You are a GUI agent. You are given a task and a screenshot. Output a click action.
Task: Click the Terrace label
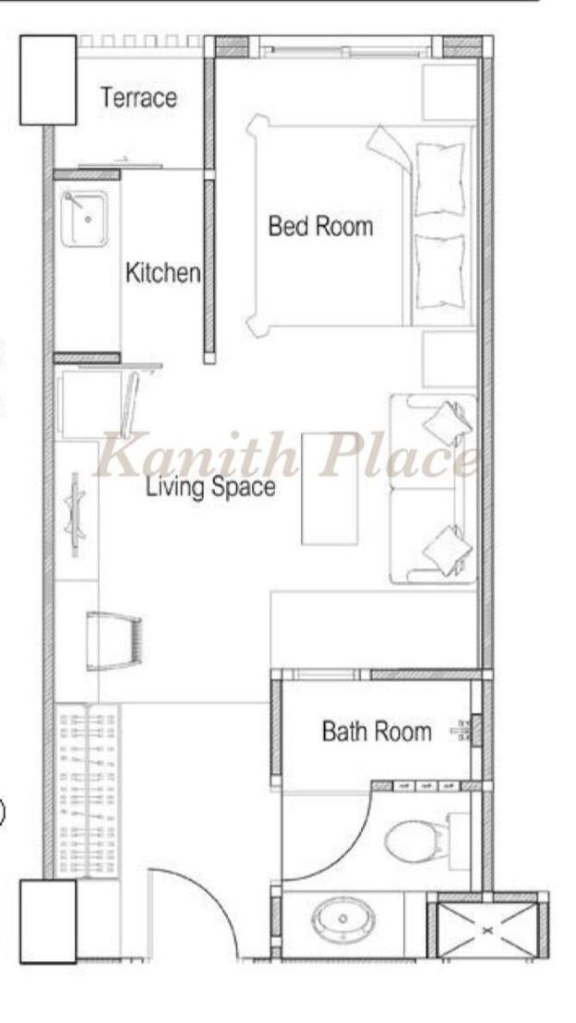click(x=138, y=98)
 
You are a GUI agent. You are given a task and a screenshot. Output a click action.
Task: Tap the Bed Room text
click(x=320, y=226)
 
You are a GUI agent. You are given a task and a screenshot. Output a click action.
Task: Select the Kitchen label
click(x=162, y=272)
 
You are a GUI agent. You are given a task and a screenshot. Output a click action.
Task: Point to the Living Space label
click(x=210, y=487)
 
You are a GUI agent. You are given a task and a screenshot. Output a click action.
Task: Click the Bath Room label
click(x=377, y=732)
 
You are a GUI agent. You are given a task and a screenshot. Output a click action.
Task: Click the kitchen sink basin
click(x=85, y=219)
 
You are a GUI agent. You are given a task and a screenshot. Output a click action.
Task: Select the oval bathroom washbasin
click(x=342, y=920)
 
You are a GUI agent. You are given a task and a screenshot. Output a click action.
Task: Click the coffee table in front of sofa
click(x=330, y=488)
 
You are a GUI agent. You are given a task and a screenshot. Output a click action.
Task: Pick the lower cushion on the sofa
click(x=448, y=550)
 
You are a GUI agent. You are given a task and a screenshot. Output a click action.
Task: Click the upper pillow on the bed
click(x=440, y=179)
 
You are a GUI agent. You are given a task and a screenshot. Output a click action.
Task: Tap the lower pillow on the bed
click(x=440, y=271)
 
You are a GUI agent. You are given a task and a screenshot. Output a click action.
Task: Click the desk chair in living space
click(x=113, y=641)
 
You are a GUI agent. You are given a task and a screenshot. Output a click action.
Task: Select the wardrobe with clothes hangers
click(x=89, y=791)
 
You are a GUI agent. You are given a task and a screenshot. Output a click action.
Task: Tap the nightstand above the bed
click(x=450, y=92)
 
